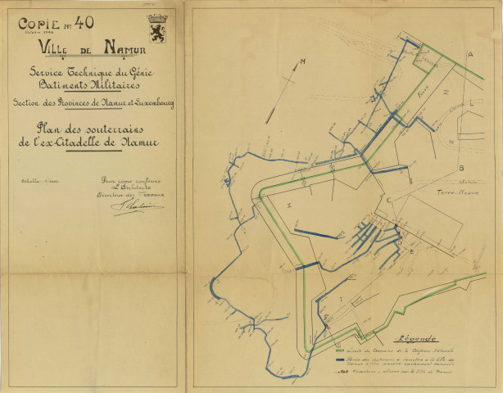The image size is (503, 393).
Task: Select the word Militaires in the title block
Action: (x=119, y=84)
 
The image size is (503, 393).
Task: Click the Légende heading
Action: (x=415, y=337)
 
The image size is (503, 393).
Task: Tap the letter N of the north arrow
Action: (x=301, y=62)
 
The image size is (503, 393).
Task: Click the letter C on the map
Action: (x=390, y=200)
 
